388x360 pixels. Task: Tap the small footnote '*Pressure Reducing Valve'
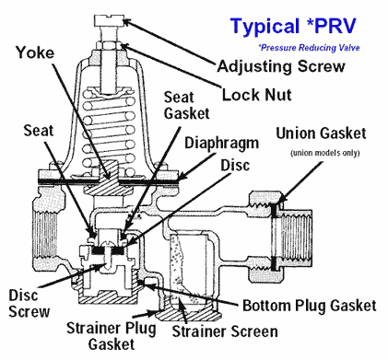[307, 45]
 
